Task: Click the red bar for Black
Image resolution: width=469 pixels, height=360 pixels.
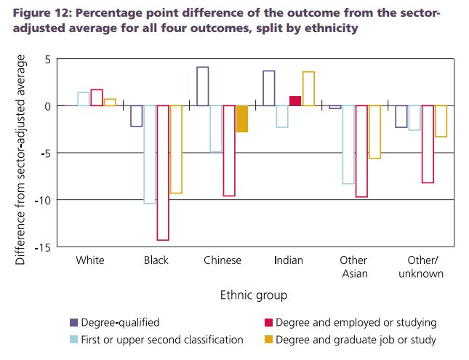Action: pos(163,172)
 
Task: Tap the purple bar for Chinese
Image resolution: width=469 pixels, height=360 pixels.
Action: pos(203,87)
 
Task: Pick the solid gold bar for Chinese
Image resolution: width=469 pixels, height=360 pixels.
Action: pos(242,119)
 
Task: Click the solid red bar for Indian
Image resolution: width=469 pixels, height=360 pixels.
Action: pos(295,101)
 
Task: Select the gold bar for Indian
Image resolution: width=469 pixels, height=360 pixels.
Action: pos(308,89)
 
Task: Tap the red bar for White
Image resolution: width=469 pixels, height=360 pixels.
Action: pos(97,97)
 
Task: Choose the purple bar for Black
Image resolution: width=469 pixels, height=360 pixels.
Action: pos(137,116)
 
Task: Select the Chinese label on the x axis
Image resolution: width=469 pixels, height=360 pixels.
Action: pos(223,260)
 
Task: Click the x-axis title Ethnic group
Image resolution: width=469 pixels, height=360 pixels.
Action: pos(253,295)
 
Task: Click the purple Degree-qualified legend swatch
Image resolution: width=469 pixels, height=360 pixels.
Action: pos(74,322)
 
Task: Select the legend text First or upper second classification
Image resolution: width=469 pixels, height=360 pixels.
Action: pos(162,340)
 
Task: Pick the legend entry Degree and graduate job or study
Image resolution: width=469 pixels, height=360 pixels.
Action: pos(354,340)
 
